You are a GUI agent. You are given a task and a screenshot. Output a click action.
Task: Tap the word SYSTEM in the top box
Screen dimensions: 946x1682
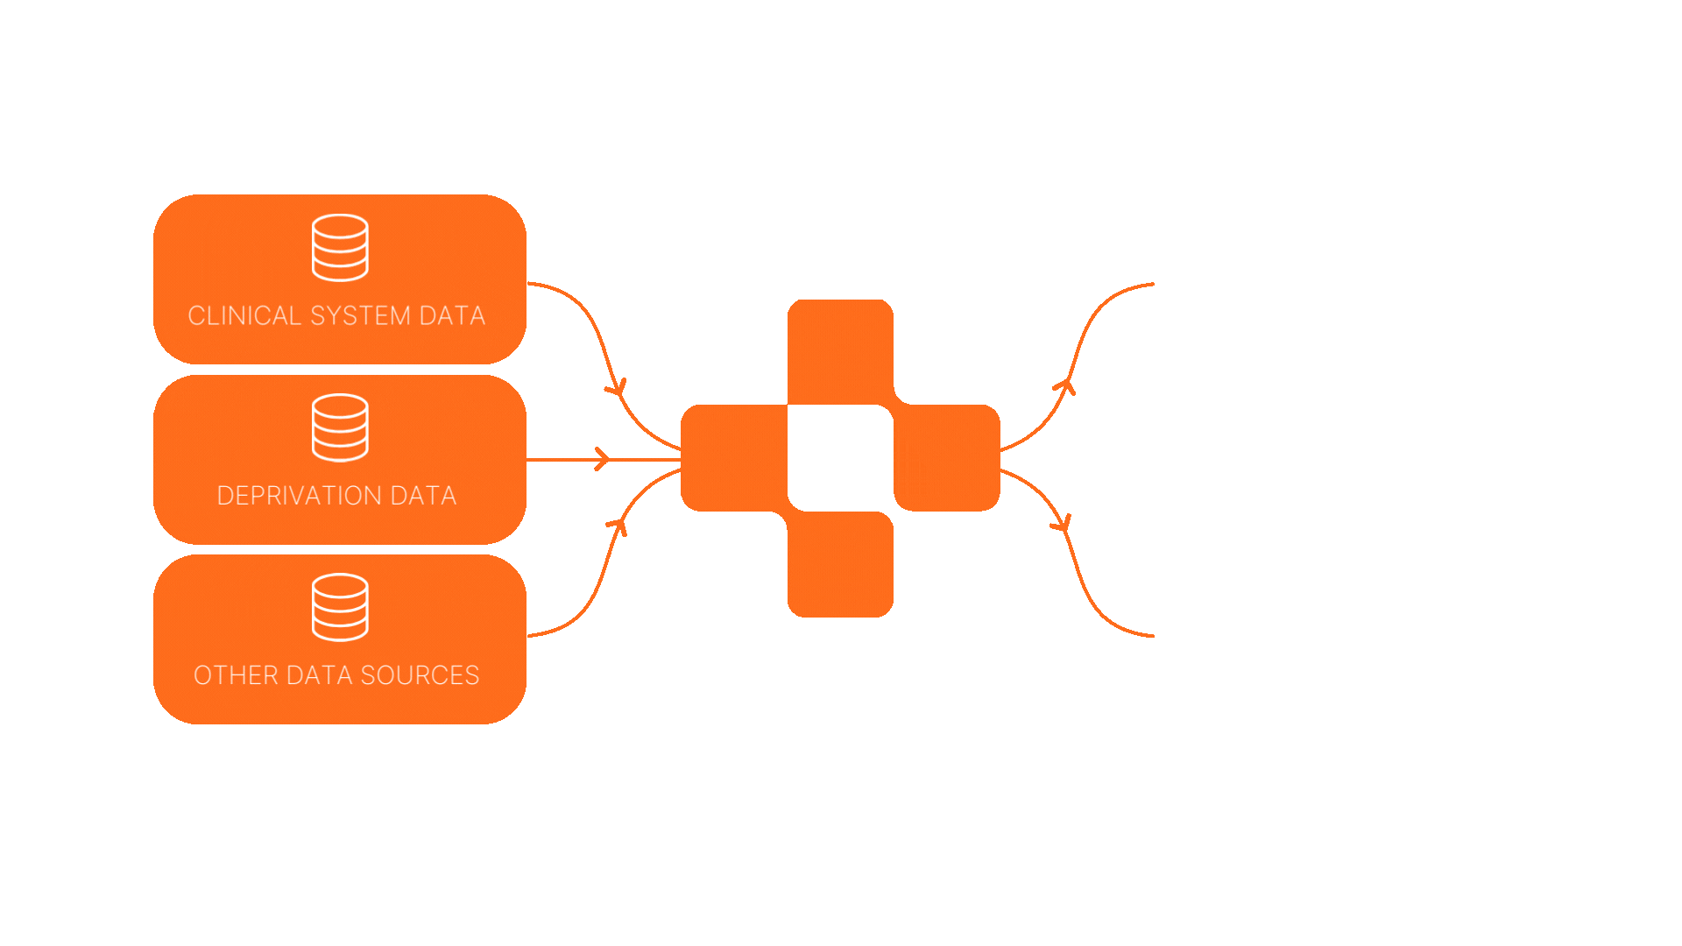coord(360,315)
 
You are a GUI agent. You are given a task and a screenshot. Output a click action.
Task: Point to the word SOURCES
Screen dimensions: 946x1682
coord(420,675)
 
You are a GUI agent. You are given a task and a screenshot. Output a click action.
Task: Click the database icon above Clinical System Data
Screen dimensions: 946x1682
coord(340,248)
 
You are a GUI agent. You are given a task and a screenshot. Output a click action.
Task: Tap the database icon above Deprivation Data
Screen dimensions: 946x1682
coord(340,427)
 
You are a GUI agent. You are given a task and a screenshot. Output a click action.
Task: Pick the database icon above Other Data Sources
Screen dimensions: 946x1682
coord(340,607)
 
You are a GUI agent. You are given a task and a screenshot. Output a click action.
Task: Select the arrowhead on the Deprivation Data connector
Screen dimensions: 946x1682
coord(602,459)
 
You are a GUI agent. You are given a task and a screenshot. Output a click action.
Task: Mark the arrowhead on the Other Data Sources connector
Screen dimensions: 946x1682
coord(618,526)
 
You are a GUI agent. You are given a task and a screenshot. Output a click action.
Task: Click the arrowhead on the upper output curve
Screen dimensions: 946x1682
coord(1064,385)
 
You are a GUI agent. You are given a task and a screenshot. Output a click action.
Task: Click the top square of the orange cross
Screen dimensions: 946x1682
coord(840,351)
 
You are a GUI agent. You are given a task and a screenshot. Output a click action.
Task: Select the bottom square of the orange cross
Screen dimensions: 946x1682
coord(840,565)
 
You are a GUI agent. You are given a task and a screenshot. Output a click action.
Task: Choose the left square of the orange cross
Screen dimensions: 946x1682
coord(734,458)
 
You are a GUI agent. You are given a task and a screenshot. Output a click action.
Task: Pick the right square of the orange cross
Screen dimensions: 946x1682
coord(947,458)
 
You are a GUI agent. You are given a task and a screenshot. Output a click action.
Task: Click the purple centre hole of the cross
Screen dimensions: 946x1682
coord(840,458)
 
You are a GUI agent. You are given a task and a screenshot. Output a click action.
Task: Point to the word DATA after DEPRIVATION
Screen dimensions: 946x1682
coord(423,496)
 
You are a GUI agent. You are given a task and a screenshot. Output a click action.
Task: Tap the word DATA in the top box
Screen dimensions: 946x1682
coord(452,315)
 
